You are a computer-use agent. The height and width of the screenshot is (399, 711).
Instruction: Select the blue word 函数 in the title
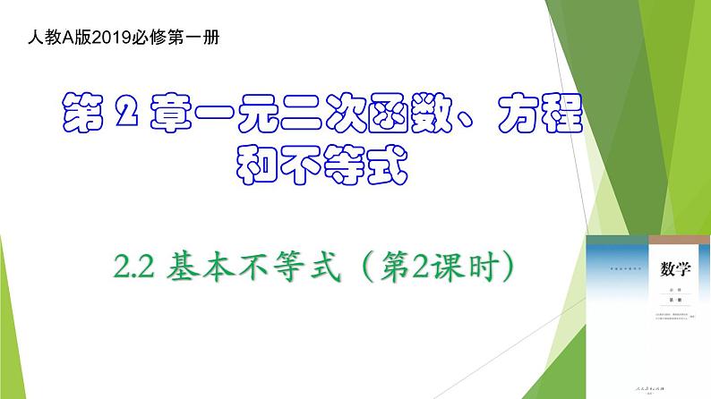pyautogui.click(x=398, y=116)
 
